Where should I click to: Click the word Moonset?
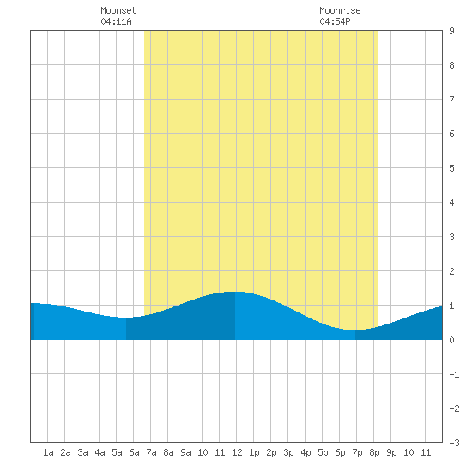(118, 10)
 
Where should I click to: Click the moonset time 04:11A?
(116, 21)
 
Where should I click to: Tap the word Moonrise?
(340, 10)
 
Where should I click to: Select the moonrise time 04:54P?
(335, 21)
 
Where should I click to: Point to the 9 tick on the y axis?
(451, 31)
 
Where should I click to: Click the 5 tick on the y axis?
(451, 168)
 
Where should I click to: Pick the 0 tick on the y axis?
(451, 340)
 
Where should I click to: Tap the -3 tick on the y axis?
(454, 443)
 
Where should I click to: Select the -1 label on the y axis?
(454, 374)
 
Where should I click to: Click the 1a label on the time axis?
(48, 452)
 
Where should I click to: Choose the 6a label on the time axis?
(134, 452)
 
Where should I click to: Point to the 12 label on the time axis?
(237, 452)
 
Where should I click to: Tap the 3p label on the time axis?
(288, 452)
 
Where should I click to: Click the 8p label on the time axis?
(374, 452)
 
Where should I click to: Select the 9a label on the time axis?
(185, 452)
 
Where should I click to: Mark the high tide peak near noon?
(235, 292)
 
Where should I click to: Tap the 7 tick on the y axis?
(451, 100)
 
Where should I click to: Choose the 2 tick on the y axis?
(451, 271)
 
